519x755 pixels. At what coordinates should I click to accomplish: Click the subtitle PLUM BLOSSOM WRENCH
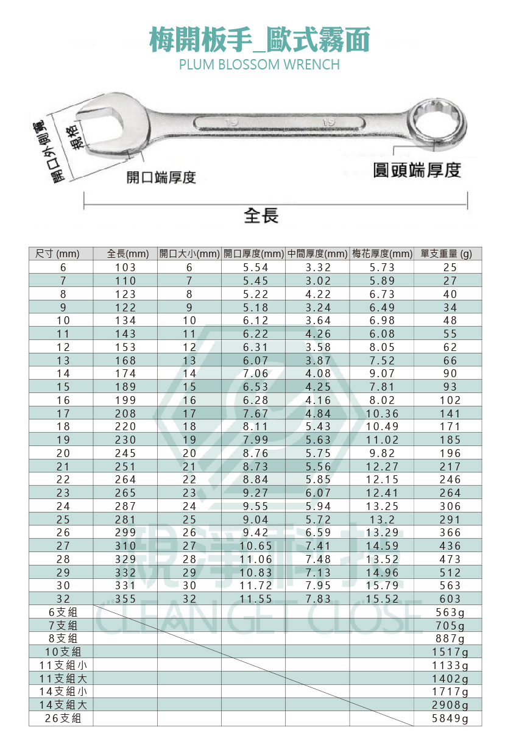click(259, 65)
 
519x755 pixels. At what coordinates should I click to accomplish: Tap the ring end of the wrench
click(438, 125)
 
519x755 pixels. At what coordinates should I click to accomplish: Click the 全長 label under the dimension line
click(261, 215)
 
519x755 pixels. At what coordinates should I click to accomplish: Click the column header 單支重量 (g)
click(447, 253)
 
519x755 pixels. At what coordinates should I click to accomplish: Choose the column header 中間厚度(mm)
click(317, 253)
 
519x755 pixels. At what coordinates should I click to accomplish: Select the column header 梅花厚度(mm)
click(382, 253)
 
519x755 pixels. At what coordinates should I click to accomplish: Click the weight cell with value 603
click(450, 599)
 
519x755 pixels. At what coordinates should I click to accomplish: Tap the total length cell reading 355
click(125, 599)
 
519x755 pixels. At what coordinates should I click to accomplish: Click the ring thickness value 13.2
click(382, 520)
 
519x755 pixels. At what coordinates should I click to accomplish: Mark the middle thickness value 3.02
click(319, 281)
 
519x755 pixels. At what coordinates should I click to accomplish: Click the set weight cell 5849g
click(450, 719)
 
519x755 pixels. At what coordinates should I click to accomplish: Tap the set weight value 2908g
click(450, 706)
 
